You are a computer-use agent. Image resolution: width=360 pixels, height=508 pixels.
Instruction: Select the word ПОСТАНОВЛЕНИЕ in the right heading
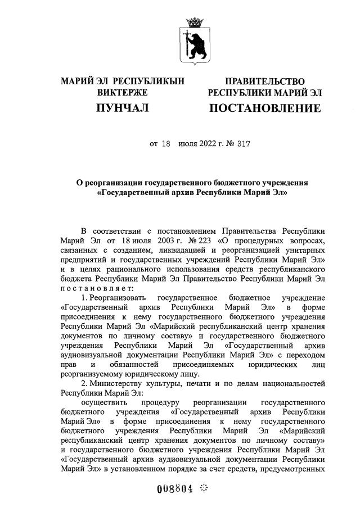coord(265,107)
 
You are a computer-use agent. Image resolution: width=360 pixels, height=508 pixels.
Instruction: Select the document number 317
coord(243,143)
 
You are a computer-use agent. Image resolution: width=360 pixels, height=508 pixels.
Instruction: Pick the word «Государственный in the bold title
coord(136,193)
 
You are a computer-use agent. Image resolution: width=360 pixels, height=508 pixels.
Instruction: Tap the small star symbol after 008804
coord(204,488)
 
